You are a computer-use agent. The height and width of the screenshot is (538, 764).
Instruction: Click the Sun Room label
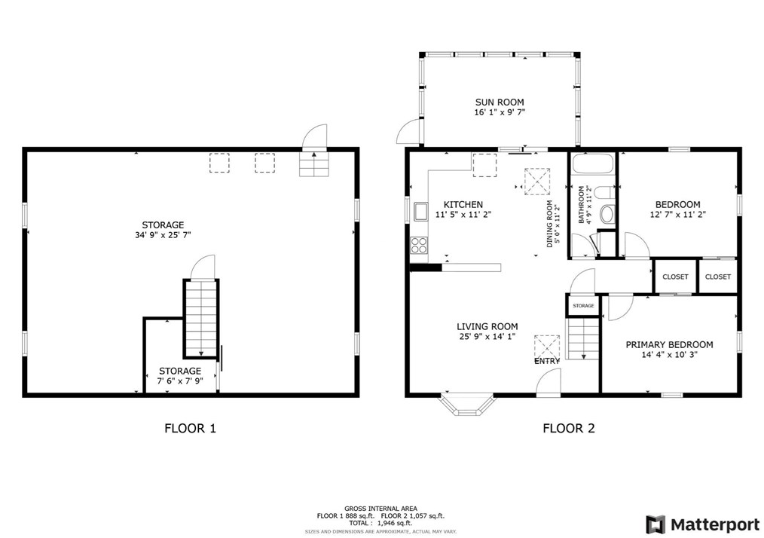point(500,102)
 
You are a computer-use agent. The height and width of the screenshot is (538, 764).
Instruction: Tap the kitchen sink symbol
point(420,212)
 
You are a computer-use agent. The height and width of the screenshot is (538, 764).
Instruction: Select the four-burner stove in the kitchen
point(419,245)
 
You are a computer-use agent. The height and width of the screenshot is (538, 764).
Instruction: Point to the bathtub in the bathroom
point(593,164)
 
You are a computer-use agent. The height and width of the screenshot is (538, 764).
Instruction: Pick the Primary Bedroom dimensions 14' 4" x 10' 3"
point(669,355)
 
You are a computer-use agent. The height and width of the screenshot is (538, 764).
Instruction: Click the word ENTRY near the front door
point(547,361)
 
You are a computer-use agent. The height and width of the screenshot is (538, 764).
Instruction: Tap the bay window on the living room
point(468,405)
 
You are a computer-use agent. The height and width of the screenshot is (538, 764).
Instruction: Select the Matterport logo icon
point(656,525)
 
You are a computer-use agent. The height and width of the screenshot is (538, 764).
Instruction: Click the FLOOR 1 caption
point(190,428)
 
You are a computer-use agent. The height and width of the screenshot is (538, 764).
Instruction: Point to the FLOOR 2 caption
point(569,428)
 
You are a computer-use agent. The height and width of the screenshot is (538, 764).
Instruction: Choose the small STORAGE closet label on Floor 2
point(583,306)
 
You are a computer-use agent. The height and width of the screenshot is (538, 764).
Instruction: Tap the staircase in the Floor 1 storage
point(200,318)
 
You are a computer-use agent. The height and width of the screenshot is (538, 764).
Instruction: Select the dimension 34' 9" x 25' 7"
point(163,235)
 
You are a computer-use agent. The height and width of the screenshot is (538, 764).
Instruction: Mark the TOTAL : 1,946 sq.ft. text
point(380,523)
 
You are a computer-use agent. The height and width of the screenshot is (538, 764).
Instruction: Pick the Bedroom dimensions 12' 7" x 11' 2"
point(678,214)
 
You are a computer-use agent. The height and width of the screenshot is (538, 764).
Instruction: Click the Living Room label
point(487,326)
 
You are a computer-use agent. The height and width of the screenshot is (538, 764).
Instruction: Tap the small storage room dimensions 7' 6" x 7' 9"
point(180,381)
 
